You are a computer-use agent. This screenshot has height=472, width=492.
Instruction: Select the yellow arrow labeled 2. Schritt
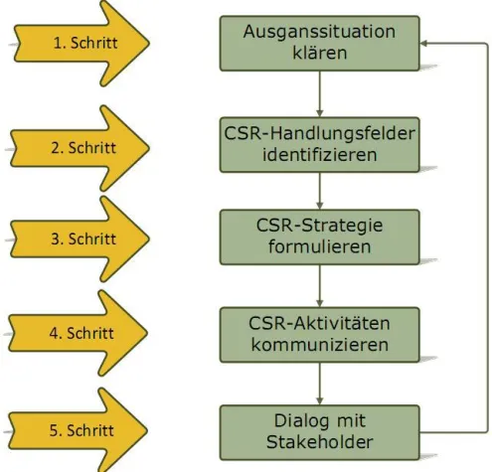(84, 147)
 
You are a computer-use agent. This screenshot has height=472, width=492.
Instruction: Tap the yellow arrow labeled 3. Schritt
(84, 239)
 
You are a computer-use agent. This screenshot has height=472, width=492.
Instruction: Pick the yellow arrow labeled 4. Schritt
(84, 334)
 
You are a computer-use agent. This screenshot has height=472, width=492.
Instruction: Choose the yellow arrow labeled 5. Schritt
(84, 430)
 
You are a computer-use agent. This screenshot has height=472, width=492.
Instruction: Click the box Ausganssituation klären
(319, 43)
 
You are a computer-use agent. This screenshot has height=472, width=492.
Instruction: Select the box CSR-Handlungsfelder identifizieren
(319, 144)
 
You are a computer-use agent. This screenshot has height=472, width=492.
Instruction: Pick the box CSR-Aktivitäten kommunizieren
(319, 334)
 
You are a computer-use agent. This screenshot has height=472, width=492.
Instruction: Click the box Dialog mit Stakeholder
(319, 430)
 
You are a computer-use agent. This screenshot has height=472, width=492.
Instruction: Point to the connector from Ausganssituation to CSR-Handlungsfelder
(319, 94)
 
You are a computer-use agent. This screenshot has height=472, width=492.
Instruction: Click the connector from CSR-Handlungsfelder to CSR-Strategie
(319, 191)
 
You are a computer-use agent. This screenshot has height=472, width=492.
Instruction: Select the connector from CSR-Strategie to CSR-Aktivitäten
(319, 285)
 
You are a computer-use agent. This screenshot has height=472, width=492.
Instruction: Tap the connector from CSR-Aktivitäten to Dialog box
(319, 382)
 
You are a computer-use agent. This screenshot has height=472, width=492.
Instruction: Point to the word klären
(319, 53)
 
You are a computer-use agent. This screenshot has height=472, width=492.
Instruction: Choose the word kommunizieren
(319, 345)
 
